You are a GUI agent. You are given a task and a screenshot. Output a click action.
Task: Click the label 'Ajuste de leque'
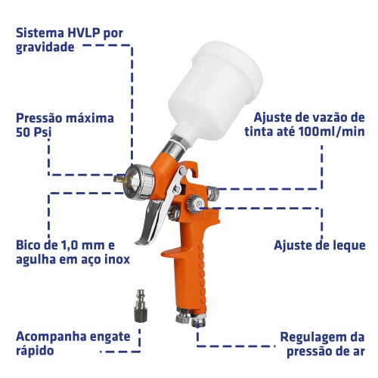(x=319, y=246)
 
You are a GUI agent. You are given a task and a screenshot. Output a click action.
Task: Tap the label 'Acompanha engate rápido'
(x=73, y=343)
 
